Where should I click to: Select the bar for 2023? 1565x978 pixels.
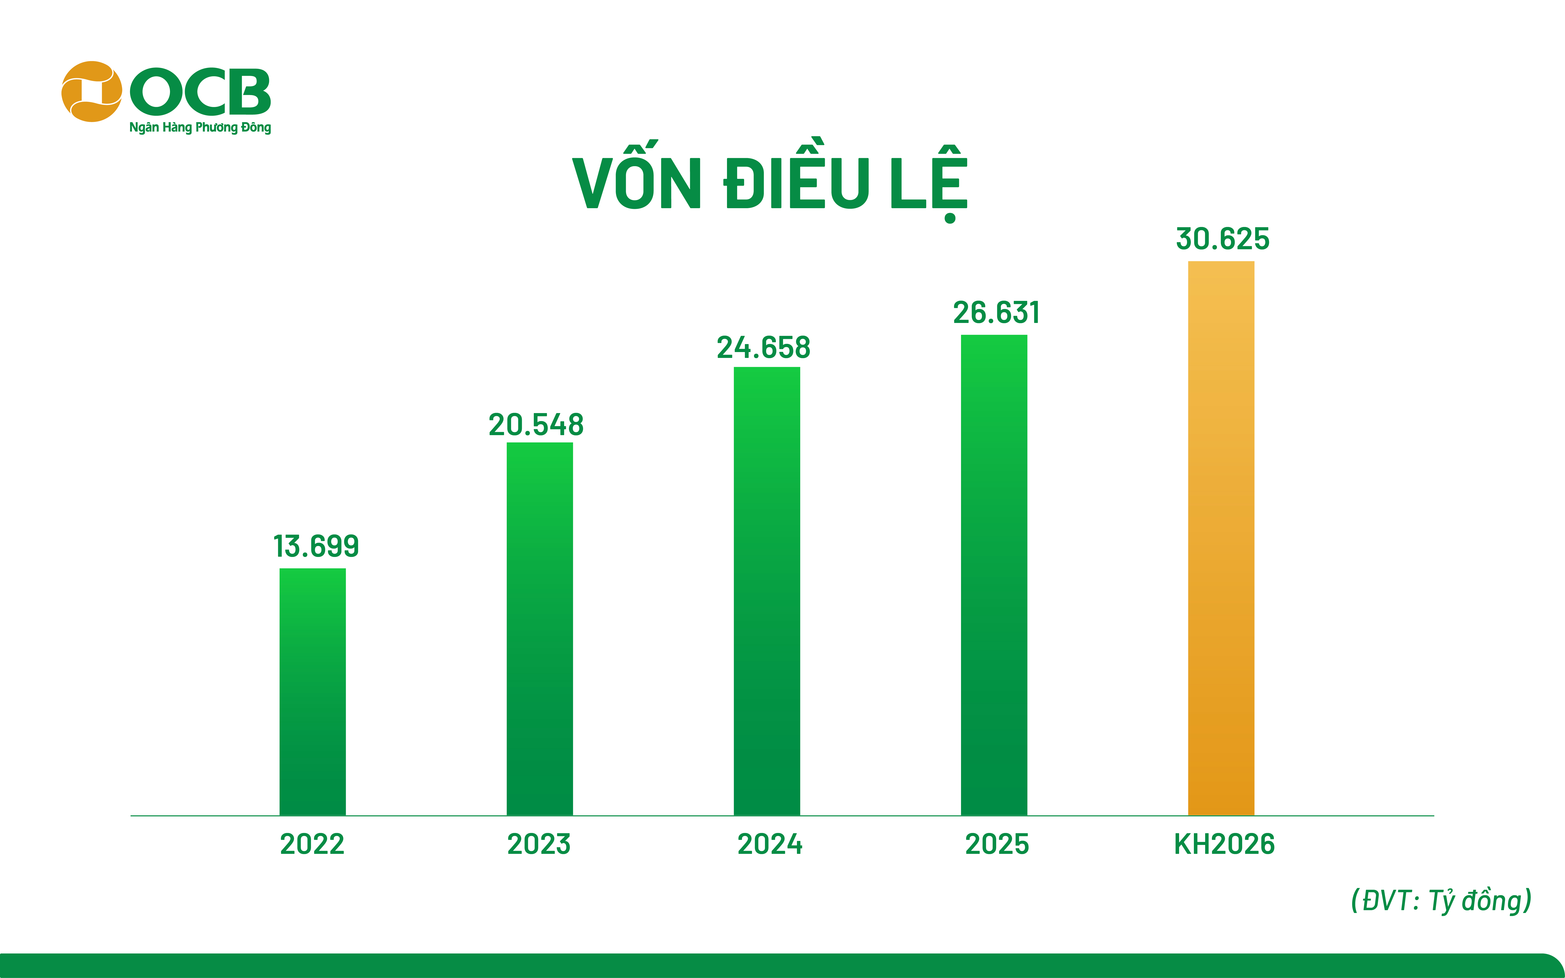(x=540, y=629)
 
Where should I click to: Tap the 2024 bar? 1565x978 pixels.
(x=767, y=591)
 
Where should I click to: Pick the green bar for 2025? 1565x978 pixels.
(x=994, y=575)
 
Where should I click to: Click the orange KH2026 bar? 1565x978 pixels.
(x=1221, y=538)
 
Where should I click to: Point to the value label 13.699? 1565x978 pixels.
(x=316, y=547)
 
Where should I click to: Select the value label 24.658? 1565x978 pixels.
(x=763, y=348)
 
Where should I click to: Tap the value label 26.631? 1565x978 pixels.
(x=996, y=313)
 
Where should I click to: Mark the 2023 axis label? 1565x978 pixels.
(x=539, y=844)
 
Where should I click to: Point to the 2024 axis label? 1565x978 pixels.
(x=770, y=844)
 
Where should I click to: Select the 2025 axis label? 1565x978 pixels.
(x=997, y=844)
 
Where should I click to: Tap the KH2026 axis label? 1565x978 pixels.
(x=1224, y=844)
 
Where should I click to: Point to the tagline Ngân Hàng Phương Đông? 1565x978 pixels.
(x=200, y=127)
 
